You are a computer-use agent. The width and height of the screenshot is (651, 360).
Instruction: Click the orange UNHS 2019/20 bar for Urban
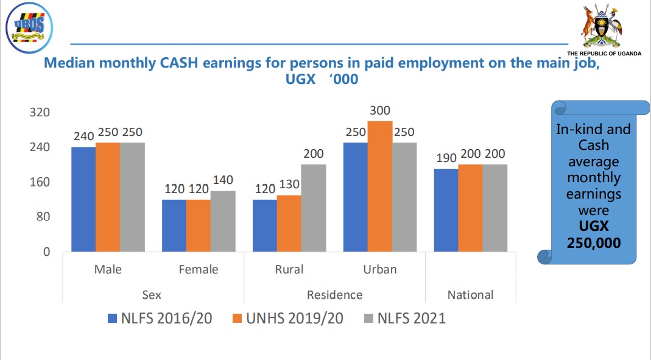point(379,186)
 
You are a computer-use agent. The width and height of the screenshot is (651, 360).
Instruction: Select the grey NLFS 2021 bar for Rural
point(314,208)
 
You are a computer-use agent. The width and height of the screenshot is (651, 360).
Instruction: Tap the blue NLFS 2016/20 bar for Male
point(83,199)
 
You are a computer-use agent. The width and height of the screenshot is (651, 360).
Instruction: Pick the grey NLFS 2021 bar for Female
point(223,221)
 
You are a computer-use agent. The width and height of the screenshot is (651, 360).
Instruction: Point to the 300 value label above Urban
point(379,111)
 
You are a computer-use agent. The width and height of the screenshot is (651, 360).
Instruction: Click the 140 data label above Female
point(222,180)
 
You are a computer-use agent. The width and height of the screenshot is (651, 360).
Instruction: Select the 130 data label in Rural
point(289,185)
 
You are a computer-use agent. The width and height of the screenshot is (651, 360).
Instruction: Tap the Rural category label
point(289,269)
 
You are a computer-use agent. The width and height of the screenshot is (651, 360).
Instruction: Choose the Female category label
point(198,269)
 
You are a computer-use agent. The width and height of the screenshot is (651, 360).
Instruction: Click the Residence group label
point(334,295)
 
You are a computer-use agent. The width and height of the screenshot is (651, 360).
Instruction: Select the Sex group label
point(152,295)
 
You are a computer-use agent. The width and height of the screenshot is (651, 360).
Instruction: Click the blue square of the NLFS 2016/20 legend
point(111,318)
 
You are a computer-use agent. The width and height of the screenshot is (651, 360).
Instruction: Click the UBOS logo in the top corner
point(29,28)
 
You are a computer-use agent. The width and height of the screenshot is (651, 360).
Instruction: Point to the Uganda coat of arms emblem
point(603,26)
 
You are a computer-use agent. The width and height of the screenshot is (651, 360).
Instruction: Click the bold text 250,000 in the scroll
point(594,242)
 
